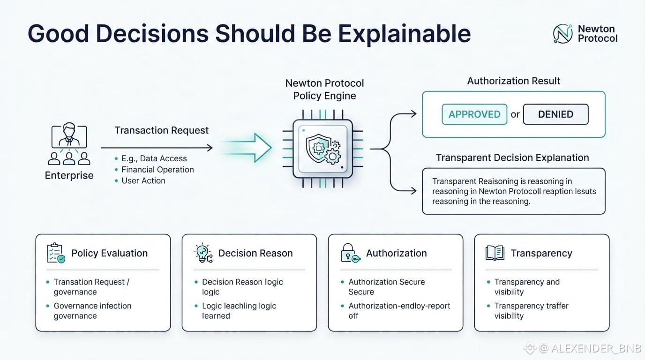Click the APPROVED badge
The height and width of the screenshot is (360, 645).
click(474, 114)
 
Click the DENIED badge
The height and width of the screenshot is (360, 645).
click(556, 114)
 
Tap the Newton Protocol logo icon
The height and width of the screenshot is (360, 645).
click(562, 34)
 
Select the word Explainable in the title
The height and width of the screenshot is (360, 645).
click(404, 34)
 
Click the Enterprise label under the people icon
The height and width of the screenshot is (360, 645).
click(69, 175)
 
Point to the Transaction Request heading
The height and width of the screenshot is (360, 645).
click(162, 130)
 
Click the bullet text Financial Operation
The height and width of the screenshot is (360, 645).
click(157, 170)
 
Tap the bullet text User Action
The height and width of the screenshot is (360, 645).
click(143, 180)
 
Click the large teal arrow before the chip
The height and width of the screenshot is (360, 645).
click(247, 148)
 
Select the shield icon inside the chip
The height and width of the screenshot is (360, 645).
click(318, 148)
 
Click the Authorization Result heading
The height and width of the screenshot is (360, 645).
click(514, 81)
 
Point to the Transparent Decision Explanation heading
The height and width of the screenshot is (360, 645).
click(512, 158)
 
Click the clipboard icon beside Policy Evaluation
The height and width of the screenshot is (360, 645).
click(56, 253)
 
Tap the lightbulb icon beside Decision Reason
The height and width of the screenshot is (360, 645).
click(203, 253)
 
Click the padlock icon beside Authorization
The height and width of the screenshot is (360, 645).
click(350, 253)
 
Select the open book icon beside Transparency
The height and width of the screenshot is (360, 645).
click(495, 253)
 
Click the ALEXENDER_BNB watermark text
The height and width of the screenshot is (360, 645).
click(596, 348)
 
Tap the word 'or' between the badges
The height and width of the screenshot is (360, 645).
click(515, 115)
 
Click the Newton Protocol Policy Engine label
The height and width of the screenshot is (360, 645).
click(324, 89)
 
